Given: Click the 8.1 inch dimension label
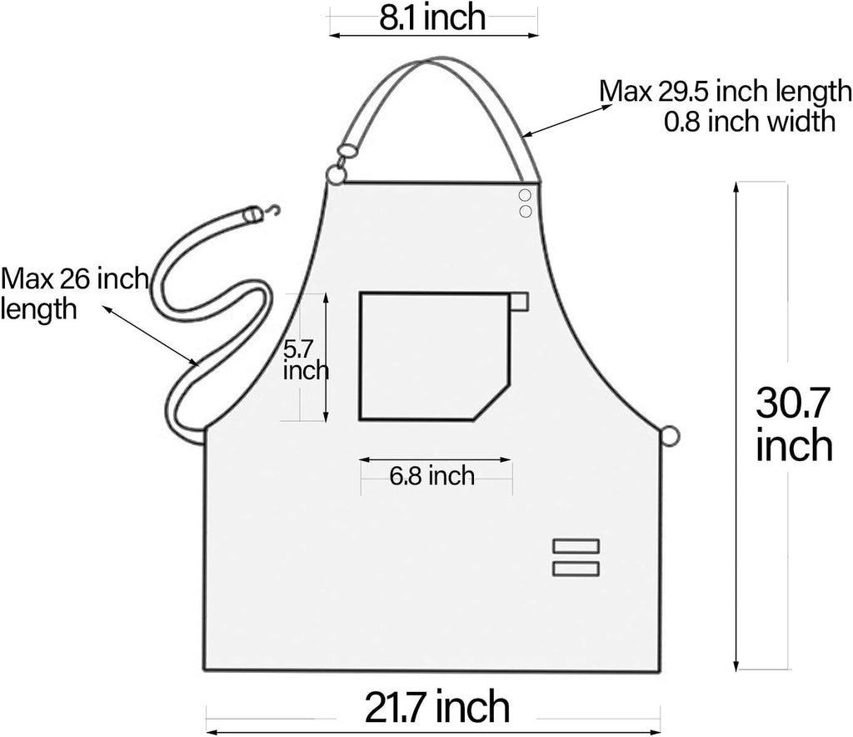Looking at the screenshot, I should point(432,18).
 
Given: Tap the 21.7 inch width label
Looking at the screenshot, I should point(437,707).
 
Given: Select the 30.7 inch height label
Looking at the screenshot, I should point(794,425).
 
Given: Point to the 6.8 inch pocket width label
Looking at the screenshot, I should point(431,476).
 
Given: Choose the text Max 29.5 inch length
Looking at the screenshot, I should point(726,90).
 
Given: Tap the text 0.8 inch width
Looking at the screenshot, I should point(749,122).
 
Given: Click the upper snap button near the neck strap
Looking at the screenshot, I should point(525,196).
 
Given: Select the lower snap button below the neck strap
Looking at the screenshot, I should point(525,212).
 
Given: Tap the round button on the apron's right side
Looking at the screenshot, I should point(670,435).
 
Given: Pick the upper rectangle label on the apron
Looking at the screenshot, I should point(576,546).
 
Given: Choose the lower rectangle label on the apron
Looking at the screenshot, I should point(576,569).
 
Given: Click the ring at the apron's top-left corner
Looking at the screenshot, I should point(335,174).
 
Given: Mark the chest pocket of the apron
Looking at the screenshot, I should point(433,354).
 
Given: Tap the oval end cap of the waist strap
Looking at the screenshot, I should point(248,215).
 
